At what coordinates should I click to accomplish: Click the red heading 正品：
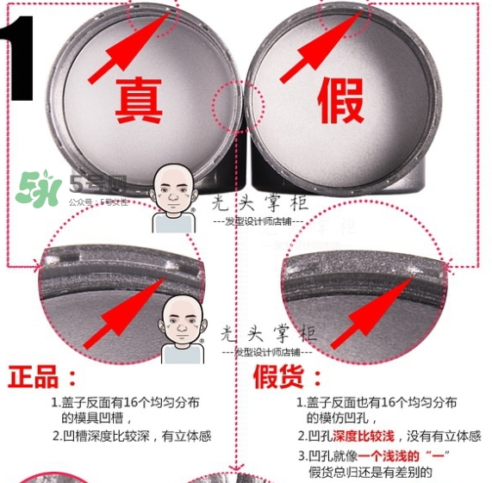[x=42, y=376]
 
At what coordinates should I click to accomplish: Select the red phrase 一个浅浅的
[x=395, y=455]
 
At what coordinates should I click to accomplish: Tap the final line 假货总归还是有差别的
[x=370, y=472]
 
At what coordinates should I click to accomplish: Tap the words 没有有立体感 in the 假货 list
[x=435, y=437]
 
